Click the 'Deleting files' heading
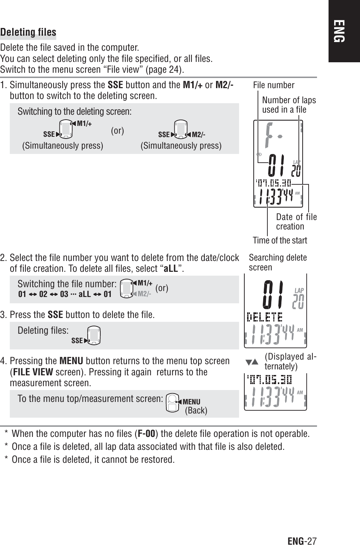(x=28, y=33)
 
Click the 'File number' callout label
(x=274, y=85)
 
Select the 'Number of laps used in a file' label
(x=289, y=105)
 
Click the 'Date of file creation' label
(x=296, y=221)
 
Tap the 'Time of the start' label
(x=280, y=240)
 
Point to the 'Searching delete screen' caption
(x=278, y=262)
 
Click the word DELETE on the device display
(x=265, y=317)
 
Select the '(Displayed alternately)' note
(x=290, y=361)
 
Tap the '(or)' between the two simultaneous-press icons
(x=117, y=131)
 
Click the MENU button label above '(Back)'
(x=191, y=402)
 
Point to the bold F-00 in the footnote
(x=146, y=434)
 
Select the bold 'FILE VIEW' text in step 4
(x=33, y=371)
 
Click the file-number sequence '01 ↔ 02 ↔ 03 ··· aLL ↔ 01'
(x=65, y=294)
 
